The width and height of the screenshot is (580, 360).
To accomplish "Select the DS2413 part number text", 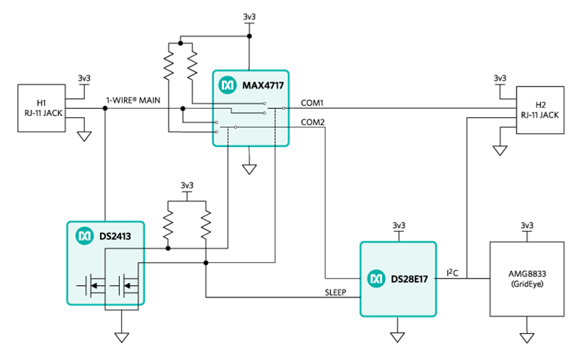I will point(115,235).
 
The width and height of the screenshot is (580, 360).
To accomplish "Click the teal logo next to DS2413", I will point(84,235).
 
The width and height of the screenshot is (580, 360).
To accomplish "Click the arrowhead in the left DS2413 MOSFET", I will point(94,286).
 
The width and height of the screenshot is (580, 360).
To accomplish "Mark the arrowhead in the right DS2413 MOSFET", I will point(128,286).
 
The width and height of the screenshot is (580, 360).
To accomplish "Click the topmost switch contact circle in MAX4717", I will point(264,104).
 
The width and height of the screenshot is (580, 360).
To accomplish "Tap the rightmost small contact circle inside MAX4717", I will point(283,108).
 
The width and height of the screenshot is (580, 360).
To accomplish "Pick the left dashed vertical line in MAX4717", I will point(228,137).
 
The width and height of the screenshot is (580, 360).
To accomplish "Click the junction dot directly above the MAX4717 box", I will point(250,36).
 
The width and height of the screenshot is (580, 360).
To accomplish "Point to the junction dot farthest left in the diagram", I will point(105,109).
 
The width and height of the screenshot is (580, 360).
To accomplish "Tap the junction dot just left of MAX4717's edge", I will point(182,109).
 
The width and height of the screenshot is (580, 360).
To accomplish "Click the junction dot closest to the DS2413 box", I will point(168,248).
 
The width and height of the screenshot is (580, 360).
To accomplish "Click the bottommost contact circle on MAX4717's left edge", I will point(216,132).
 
